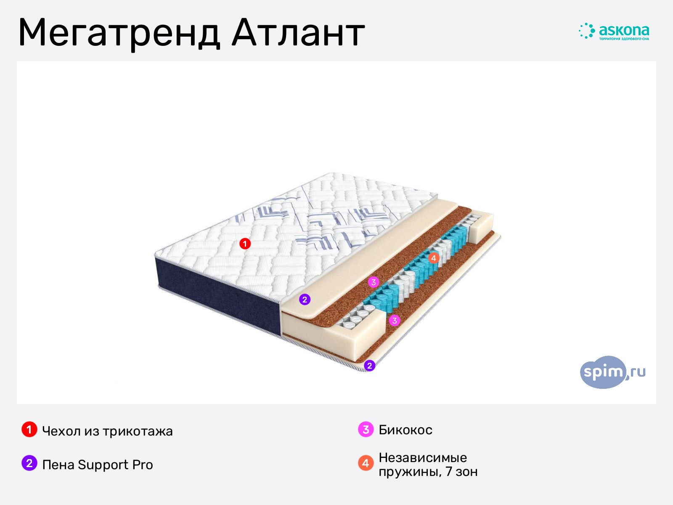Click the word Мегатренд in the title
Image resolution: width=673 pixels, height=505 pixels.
pyautogui.click(x=119, y=33)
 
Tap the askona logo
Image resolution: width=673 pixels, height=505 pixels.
pyautogui.click(x=614, y=31)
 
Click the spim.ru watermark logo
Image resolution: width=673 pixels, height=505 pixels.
pyautogui.click(x=612, y=372)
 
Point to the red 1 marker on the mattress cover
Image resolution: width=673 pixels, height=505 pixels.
pyautogui.click(x=245, y=244)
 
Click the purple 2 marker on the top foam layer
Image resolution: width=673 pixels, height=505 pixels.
pyautogui.click(x=305, y=299)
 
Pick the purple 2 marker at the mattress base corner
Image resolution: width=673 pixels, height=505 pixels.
pyautogui.click(x=369, y=365)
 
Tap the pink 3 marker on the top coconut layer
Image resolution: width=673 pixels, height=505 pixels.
pyautogui.click(x=374, y=282)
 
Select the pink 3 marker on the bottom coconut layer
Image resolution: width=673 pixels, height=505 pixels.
pyautogui.click(x=395, y=321)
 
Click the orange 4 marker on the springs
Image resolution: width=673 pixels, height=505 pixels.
pyautogui.click(x=434, y=258)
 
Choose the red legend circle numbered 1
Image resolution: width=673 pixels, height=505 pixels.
pyautogui.click(x=29, y=429)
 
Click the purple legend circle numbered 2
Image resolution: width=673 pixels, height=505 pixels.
pyautogui.click(x=29, y=463)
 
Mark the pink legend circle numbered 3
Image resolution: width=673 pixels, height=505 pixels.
pyautogui.click(x=366, y=429)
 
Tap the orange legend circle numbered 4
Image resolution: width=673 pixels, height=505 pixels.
pyautogui.click(x=366, y=463)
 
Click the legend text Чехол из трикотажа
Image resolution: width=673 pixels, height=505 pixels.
pyautogui.click(x=107, y=431)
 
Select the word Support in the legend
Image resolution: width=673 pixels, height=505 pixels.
pyautogui.click(x=103, y=465)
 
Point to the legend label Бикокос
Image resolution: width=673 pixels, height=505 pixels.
pyautogui.click(x=405, y=430)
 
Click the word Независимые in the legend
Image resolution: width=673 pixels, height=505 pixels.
pyautogui.click(x=423, y=458)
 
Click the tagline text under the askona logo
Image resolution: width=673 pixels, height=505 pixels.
pyautogui.click(x=624, y=39)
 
